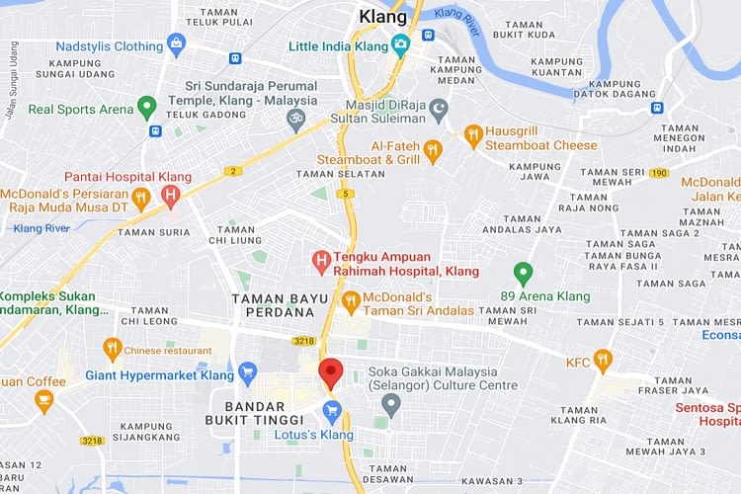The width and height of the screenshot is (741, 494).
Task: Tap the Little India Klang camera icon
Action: (x=400, y=45)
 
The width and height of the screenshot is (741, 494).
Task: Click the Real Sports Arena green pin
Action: (x=146, y=107)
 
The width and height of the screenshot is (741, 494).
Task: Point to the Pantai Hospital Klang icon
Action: (x=171, y=195)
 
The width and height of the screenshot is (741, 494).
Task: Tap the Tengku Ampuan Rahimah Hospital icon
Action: (x=320, y=262)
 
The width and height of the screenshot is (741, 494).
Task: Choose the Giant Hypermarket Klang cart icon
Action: (x=247, y=373)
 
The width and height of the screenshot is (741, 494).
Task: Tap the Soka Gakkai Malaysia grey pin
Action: (x=391, y=403)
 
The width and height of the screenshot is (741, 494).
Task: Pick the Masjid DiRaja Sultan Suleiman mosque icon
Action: (x=438, y=107)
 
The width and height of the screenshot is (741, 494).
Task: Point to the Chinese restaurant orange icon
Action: (x=113, y=349)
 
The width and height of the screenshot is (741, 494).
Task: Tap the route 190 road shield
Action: (x=660, y=174)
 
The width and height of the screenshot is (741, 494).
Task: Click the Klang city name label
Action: (x=382, y=17)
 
